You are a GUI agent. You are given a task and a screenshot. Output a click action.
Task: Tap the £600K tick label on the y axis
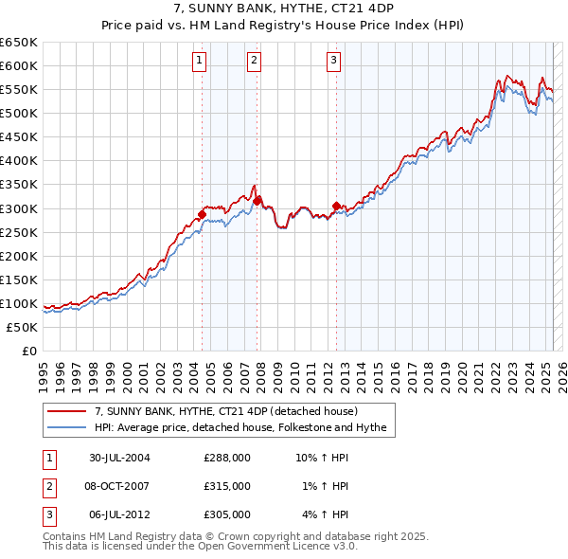pyautogui.click(x=19, y=65)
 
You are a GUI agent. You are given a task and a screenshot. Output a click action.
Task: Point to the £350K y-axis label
pyautogui.click(x=19, y=184)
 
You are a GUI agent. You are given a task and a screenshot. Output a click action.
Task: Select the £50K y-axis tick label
pyautogui.click(x=23, y=327)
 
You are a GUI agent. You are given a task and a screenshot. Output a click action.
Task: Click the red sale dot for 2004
pyautogui.click(x=202, y=214)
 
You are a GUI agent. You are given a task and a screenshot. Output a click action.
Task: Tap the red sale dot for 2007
pyautogui.click(x=256, y=201)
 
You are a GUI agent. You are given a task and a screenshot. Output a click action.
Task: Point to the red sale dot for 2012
pyautogui.click(x=335, y=206)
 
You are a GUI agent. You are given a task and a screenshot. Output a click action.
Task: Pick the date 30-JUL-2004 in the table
pyautogui.click(x=120, y=458)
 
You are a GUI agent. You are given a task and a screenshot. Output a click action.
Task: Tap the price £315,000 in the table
pyautogui.click(x=227, y=486)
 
